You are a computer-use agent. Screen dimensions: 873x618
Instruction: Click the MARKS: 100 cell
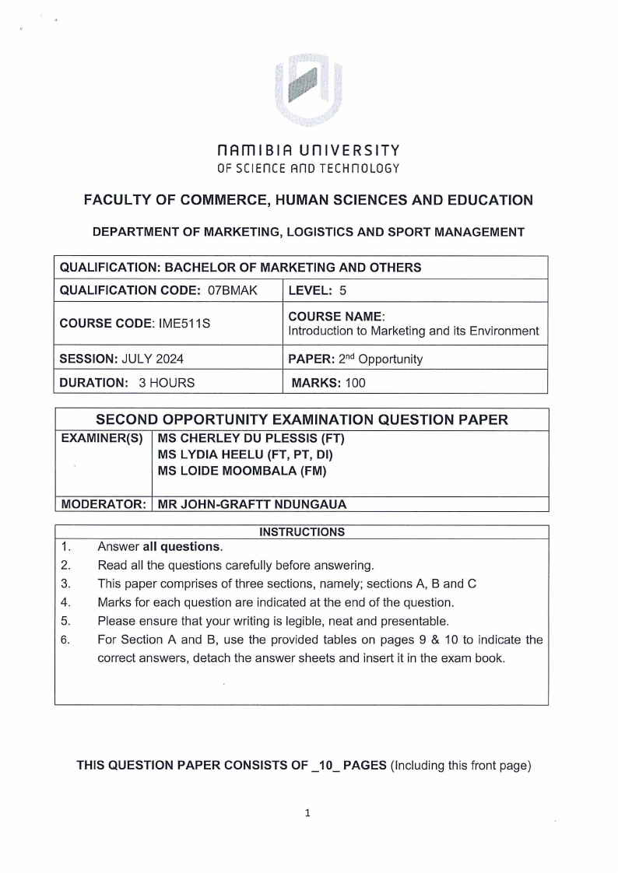[328, 382]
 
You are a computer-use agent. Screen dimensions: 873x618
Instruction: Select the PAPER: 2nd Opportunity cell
[355, 359]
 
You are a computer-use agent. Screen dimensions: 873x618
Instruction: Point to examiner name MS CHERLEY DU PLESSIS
[251, 437]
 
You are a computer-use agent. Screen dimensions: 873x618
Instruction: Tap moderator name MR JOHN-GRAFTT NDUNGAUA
[251, 503]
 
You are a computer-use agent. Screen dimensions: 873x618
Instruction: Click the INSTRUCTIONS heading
[302, 532]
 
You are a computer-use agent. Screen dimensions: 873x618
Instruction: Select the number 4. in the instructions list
[66, 601]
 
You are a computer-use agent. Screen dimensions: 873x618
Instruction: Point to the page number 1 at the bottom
[309, 814]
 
